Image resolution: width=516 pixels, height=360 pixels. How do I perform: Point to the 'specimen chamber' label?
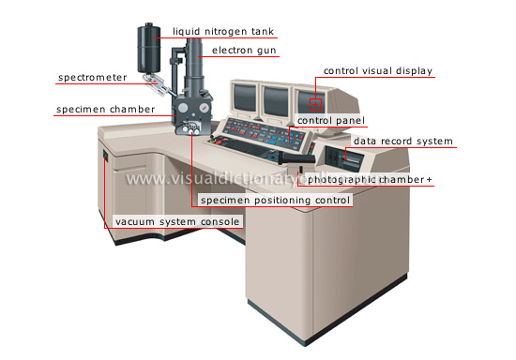(x=103, y=111)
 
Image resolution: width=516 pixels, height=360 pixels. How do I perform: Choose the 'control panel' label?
(x=332, y=120)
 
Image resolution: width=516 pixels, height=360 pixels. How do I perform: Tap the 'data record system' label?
(x=402, y=142)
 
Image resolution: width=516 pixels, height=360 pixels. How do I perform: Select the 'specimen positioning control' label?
(x=273, y=200)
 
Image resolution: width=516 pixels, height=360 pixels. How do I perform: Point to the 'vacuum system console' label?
(x=177, y=222)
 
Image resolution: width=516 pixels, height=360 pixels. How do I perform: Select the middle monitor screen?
(x=276, y=97)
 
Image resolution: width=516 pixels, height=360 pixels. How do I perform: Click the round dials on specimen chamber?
(x=194, y=130)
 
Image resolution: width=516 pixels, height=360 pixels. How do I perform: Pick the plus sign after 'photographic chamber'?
(x=430, y=179)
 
